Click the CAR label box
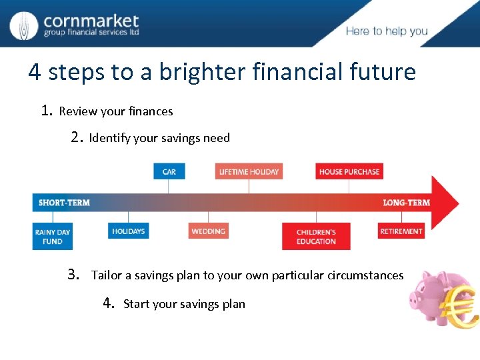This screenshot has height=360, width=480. [169, 171]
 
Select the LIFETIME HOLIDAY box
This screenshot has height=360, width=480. [249, 171]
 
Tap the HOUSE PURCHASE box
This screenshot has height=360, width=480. [349, 171]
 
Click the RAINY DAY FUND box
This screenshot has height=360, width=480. [53, 236]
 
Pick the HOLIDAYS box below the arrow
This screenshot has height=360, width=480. [128, 231]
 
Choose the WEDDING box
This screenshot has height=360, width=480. [208, 231]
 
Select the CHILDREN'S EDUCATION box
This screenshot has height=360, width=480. [316, 236]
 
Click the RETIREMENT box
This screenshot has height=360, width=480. [401, 231]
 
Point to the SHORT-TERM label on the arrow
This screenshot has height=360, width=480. [64, 202]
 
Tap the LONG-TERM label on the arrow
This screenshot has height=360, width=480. [406, 202]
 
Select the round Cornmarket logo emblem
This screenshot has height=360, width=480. [25, 25]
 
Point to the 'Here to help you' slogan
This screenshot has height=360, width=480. [387, 31]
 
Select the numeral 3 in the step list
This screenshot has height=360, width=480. [73, 274]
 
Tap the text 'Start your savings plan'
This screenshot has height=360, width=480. [184, 304]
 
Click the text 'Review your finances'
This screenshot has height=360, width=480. [116, 111]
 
